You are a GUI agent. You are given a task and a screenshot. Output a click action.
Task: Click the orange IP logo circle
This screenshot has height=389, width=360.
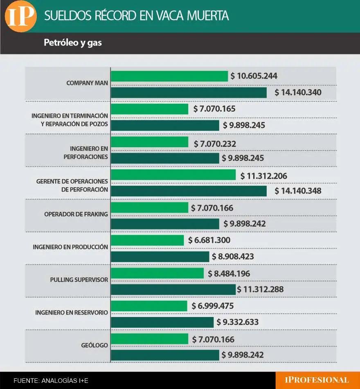pos(20,16)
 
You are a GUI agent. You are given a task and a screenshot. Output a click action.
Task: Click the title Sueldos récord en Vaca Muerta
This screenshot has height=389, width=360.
pos(136,16)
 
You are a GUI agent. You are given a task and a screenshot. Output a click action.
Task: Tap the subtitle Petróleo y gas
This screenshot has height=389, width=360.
pos(73,43)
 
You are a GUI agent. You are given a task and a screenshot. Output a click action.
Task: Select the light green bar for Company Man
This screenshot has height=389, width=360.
pos(169,76)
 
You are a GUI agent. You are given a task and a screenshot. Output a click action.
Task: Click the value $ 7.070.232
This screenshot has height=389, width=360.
pos(215,144)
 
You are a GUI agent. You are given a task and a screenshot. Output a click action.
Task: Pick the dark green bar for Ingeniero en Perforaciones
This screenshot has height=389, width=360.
pos(165,158)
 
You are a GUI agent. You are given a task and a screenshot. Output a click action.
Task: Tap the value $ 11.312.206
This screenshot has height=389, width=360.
pos(263,176)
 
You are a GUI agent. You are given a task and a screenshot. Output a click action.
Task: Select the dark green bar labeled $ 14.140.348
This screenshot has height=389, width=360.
pos(189,191)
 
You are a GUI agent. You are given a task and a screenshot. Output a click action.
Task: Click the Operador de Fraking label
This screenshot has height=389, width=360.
pos(76,214)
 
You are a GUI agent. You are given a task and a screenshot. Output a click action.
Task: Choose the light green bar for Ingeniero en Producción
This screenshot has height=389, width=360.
pos(147,240)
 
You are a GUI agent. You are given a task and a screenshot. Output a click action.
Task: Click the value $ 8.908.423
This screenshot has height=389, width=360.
pos(233,257)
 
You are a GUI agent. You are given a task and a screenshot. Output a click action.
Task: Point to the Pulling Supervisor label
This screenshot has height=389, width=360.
pos(79,280)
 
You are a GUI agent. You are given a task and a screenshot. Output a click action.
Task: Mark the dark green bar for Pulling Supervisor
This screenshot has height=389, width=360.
pos(173,290)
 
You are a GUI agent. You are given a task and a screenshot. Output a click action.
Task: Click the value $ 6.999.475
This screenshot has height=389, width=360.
pos(213,306)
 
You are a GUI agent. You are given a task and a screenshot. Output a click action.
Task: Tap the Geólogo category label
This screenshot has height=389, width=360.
pos(94,346)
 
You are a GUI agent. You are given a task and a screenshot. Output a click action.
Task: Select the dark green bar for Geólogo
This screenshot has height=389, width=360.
pos(165,355)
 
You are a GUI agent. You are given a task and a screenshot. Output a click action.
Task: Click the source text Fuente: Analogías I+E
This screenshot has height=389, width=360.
pos(51,381)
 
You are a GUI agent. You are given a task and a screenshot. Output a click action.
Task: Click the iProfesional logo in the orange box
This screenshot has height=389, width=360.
pos(317,380)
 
